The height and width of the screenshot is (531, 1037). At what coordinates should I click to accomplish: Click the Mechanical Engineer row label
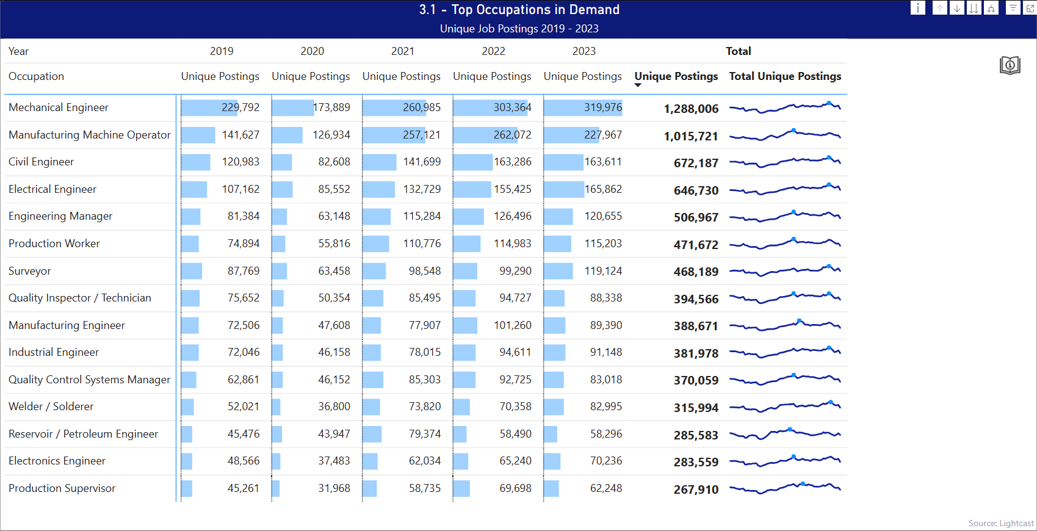(59, 107)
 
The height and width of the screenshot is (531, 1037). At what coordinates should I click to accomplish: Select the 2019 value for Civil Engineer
(240, 162)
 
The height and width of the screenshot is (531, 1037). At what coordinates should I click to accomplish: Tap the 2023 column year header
(584, 51)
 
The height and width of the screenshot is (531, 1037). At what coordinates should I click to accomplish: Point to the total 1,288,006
(691, 109)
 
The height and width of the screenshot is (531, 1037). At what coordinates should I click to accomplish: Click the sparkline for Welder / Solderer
(785, 406)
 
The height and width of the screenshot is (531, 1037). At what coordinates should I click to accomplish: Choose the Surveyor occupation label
(30, 271)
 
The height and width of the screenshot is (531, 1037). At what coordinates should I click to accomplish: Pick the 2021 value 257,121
(421, 135)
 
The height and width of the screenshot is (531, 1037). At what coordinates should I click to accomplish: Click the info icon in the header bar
(917, 8)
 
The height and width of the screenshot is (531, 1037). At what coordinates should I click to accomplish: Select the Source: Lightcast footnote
(1000, 523)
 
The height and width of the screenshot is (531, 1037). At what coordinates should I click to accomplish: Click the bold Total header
(738, 51)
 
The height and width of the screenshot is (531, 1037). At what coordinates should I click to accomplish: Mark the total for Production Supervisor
(696, 489)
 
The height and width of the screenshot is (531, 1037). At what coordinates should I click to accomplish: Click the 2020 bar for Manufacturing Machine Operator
(287, 135)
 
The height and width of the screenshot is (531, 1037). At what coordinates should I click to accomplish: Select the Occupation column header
(37, 76)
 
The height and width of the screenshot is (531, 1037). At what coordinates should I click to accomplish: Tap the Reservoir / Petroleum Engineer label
(83, 434)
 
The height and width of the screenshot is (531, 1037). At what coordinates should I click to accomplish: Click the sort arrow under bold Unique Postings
(638, 85)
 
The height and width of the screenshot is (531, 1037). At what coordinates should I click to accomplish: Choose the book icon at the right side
(1010, 65)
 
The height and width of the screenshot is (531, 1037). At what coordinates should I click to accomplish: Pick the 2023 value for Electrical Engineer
(603, 189)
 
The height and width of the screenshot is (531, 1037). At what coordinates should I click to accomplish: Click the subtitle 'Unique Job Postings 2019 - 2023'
(519, 29)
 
